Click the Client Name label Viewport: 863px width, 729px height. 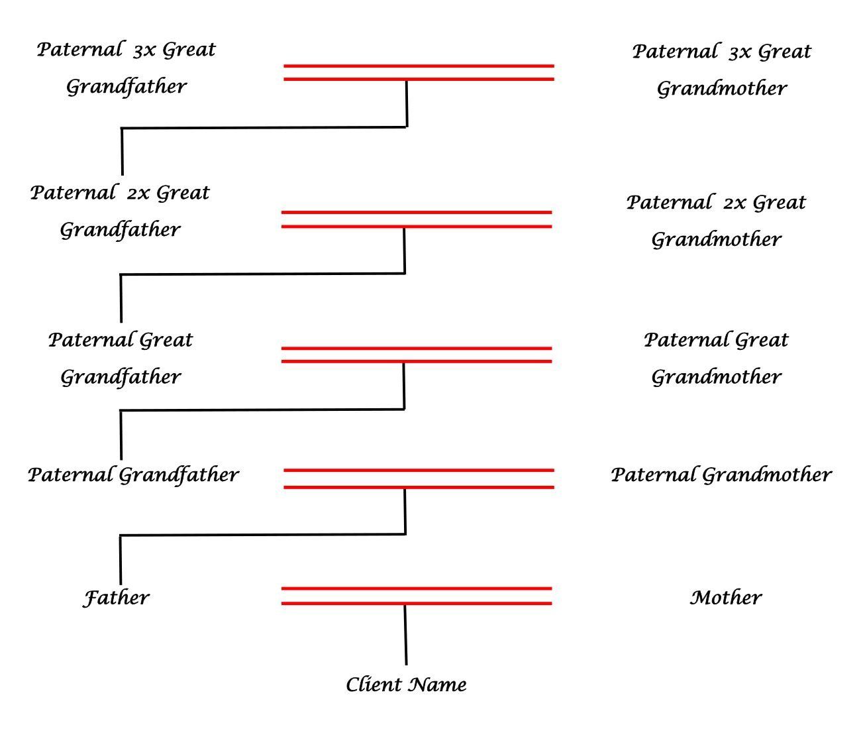click(406, 685)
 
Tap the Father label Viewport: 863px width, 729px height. click(116, 598)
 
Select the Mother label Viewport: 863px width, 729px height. click(726, 598)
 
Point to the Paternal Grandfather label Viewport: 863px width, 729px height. click(133, 475)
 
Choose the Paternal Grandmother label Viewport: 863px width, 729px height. click(721, 475)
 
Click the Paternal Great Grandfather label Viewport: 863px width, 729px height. click(121, 358)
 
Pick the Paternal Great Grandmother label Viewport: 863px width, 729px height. click(716, 358)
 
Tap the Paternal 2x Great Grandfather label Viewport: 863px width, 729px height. click(120, 211)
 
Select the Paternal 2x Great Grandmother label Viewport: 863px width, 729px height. click(716, 220)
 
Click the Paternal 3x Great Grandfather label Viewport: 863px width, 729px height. click(126, 68)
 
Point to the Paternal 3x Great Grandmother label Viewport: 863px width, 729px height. click(721, 69)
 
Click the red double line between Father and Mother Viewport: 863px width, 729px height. click(417, 596)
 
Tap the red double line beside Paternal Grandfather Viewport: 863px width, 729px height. click(419, 478)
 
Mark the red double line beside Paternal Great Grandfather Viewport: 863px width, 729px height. click(417, 355)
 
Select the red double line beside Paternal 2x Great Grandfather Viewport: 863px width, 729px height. click(417, 219)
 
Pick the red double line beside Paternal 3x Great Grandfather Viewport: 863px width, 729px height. click(419, 72)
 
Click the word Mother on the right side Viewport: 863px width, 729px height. click(726, 598)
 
